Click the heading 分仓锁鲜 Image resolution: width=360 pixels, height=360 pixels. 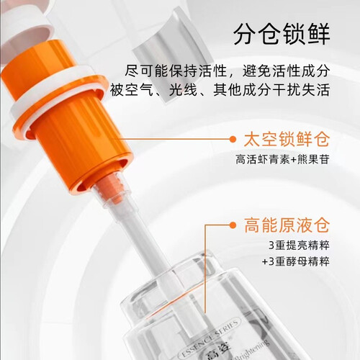click(282, 34)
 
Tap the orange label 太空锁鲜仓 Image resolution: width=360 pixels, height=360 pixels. click(287, 139)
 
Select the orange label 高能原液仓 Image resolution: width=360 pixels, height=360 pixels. click(287, 225)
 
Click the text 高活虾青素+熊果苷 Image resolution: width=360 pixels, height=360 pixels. click(282, 160)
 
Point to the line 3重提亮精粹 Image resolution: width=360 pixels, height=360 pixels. click(299, 246)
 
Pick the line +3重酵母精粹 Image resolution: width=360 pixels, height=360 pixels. click(296, 261)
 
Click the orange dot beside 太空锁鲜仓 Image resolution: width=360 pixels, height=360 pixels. click(233, 139)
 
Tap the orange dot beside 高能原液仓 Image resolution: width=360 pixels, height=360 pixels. click(233, 225)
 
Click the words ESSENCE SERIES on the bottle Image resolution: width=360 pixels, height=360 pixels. click(210, 338)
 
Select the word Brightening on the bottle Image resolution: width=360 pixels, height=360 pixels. click(250, 348)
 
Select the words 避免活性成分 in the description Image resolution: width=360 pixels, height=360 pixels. click(286, 71)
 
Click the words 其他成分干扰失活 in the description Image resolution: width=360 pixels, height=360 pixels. click(271, 90)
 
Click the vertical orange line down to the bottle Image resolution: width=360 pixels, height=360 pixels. click(205, 269)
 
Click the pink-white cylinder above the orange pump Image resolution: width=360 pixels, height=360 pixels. click(27, 27)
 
